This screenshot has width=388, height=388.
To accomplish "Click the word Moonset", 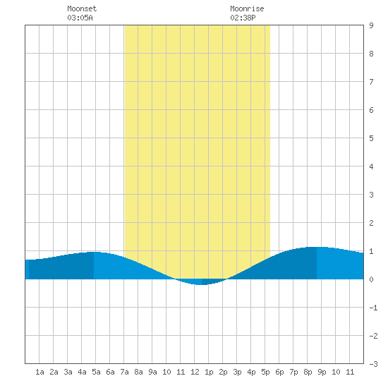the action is point(82,8).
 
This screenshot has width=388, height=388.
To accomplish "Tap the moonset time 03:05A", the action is point(80,18).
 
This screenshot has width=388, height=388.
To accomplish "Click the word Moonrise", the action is point(247,8).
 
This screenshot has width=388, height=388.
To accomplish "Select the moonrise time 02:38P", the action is point(243,18).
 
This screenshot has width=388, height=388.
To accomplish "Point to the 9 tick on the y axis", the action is point(371,25).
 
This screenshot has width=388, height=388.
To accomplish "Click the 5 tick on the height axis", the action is point(371,138).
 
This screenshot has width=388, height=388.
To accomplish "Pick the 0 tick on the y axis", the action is point(371,279).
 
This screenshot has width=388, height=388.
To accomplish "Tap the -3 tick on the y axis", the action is point(373,364).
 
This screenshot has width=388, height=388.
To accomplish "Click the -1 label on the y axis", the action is point(373,308).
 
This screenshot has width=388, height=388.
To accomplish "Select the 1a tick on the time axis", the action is point(40,372).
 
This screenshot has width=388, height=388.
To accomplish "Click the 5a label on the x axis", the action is point(96,372).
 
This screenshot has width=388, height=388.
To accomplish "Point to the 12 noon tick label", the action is point(195,372).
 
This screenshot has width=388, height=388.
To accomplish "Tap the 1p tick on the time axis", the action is point(209,372).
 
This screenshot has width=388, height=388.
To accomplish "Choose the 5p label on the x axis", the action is point(265,372).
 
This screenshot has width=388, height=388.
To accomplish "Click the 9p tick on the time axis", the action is point(322,372).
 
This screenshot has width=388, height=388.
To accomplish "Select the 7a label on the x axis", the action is point(124,372).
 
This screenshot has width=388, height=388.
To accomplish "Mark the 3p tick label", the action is point(237,372).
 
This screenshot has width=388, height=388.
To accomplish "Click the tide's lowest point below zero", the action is point(201,284).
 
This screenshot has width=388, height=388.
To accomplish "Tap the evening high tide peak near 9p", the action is point(316,247).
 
